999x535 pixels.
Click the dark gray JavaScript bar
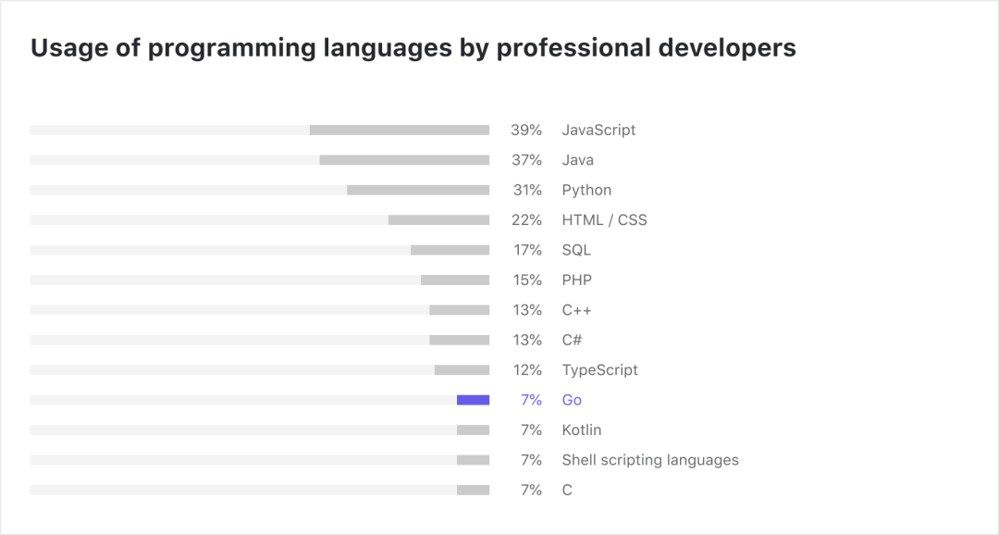(400, 131)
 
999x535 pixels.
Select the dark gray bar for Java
(404, 160)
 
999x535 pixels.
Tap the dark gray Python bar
(418, 190)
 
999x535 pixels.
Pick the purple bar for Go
(473, 400)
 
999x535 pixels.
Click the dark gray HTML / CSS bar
(438, 220)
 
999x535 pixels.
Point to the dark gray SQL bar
(450, 250)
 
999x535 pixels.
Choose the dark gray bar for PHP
(455, 280)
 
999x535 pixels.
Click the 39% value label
(526, 131)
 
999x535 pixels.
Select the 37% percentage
(526, 160)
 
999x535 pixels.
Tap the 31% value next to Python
(526, 190)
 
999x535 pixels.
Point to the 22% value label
(526, 220)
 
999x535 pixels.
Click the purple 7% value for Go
(531, 400)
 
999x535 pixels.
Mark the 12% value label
(527, 370)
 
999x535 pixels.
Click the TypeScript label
(599, 370)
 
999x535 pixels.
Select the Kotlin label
(582, 430)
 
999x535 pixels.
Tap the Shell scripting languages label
(650, 460)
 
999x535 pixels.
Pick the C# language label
(573, 340)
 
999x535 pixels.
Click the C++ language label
(576, 310)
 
